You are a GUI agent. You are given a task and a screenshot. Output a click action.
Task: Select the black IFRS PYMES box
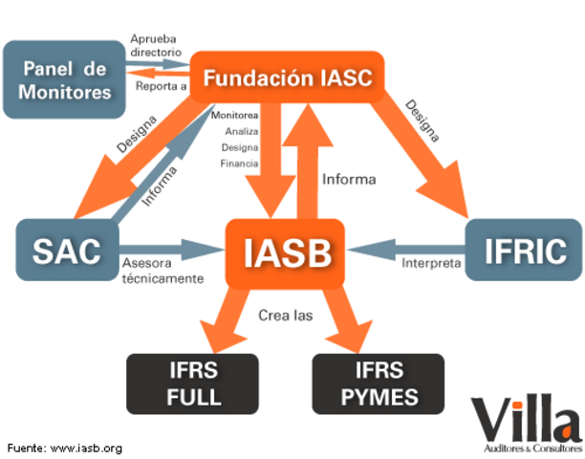pyautogui.click(x=379, y=383)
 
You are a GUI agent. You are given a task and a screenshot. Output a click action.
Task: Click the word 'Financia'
pyautogui.click(x=239, y=164)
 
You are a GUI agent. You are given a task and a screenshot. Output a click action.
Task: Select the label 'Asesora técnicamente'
pyautogui.click(x=162, y=271)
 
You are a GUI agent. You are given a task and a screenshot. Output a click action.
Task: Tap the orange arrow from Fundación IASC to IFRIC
pyautogui.click(x=429, y=153)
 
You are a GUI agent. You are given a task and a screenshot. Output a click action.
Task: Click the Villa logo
pyautogui.click(x=525, y=421)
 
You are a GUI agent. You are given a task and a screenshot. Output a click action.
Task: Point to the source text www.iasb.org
pyautogui.click(x=85, y=448)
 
